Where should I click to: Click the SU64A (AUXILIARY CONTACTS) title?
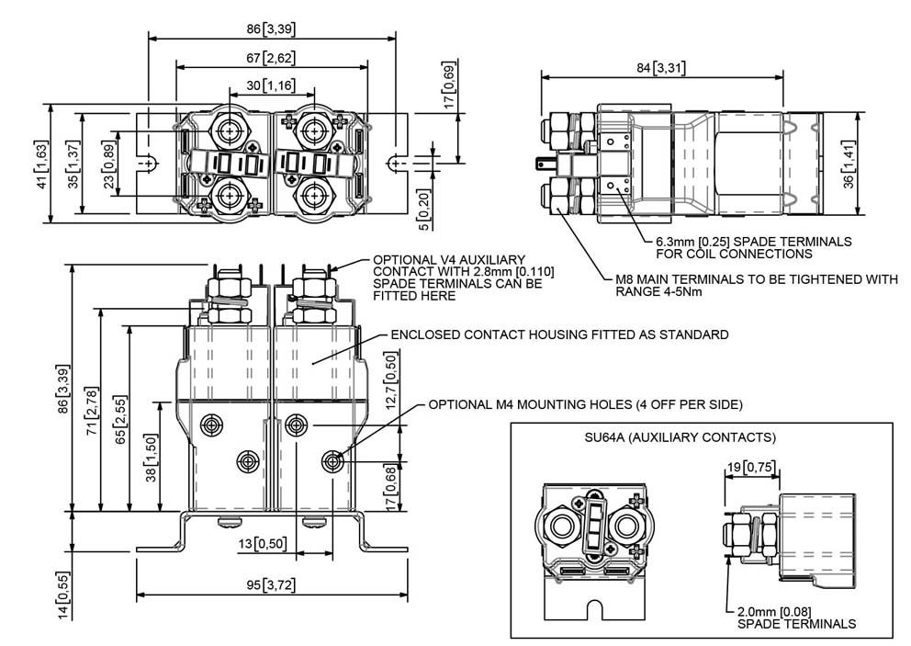coord(680,437)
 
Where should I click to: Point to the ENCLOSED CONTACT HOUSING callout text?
coord(559,334)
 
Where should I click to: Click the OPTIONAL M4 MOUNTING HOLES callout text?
coord(585,404)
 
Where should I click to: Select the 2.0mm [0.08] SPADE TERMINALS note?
coord(796,618)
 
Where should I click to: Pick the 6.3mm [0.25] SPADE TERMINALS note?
coord(754,248)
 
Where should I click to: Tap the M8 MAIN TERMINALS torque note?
coord(756,285)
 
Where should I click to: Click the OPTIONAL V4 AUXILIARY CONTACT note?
coord(463,278)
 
